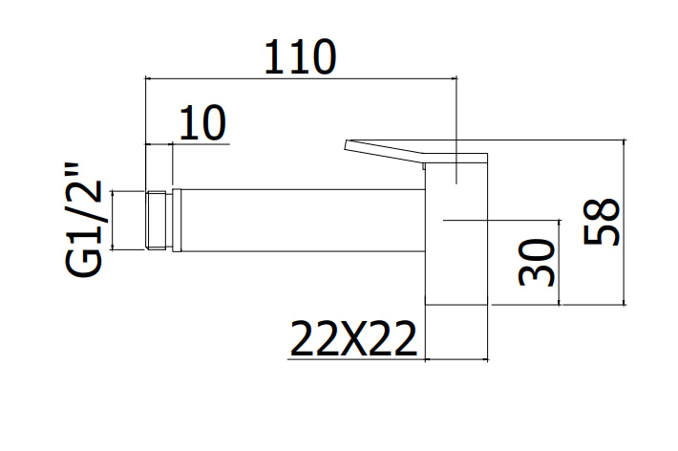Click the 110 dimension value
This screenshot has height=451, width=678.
pyautogui.click(x=300, y=56)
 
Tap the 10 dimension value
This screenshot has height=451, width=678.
pyautogui.click(x=202, y=122)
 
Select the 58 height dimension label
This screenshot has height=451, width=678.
pyautogui.click(x=601, y=221)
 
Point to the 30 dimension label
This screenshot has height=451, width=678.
pyautogui.click(x=536, y=263)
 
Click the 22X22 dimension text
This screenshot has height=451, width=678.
pyautogui.click(x=353, y=338)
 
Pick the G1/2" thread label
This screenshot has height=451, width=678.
pyautogui.click(x=84, y=221)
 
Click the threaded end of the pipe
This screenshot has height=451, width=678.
pyautogui.click(x=156, y=221)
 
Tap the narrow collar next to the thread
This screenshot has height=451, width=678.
pyautogui.click(x=177, y=221)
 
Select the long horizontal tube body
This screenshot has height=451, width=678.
pyautogui.click(x=303, y=221)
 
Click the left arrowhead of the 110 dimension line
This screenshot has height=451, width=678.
pyautogui.click(x=147, y=78)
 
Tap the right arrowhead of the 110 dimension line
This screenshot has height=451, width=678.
pyautogui.click(x=454, y=78)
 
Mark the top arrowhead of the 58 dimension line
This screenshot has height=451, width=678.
pyautogui.click(x=624, y=143)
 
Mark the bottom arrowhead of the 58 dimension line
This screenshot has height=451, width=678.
pyautogui.click(x=624, y=301)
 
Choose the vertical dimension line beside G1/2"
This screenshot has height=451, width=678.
pyautogui.click(x=113, y=221)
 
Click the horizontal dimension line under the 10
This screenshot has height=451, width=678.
pyautogui.click(x=187, y=143)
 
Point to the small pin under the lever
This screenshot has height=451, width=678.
pyautogui.click(x=424, y=166)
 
